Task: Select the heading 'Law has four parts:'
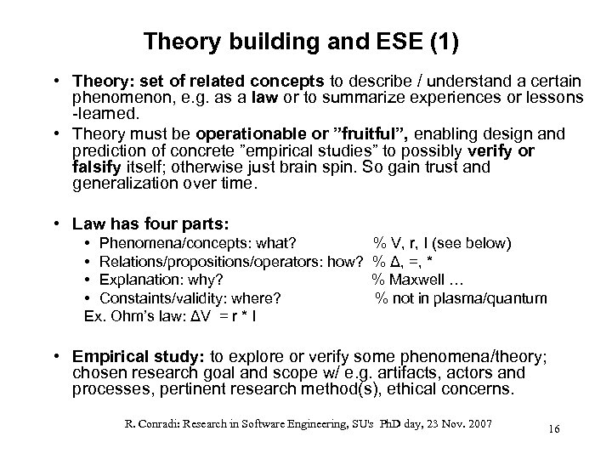tap(150, 224)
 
